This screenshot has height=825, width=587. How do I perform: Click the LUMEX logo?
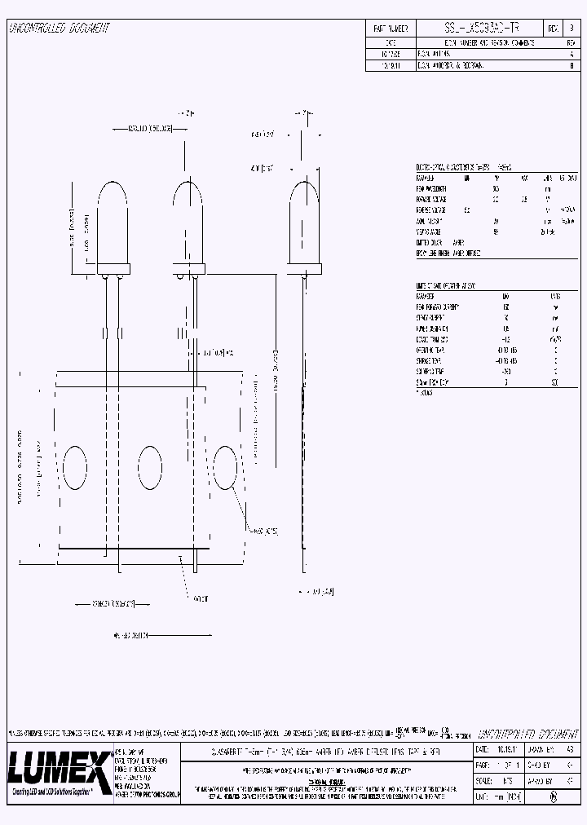59,767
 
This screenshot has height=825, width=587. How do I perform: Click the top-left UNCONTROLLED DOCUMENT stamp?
59,29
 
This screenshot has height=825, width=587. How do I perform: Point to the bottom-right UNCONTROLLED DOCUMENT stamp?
523,734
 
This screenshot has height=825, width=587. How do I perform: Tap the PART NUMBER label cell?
390,28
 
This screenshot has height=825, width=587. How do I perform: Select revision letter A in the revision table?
570,51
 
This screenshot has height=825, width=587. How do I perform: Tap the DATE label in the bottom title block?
483,749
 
